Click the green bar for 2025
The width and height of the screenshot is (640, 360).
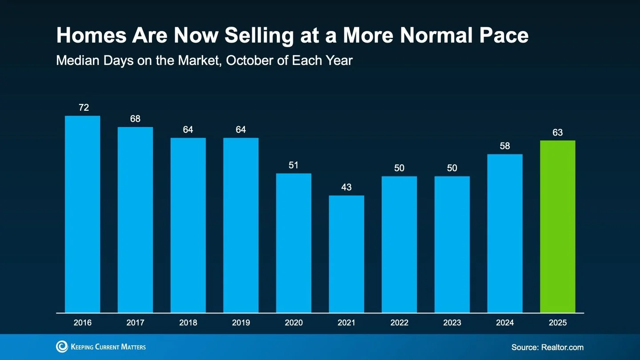pyautogui.click(x=557, y=227)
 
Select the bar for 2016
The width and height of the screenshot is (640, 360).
pyautogui.click(x=82, y=214)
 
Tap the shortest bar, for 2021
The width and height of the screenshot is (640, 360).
pyautogui.click(x=346, y=254)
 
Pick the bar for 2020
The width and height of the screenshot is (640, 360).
pyautogui.click(x=293, y=243)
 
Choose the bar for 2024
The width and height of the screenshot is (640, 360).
pyautogui.click(x=504, y=233)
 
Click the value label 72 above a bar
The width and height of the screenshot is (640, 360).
pyautogui.click(x=83, y=107)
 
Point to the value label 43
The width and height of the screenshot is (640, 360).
pyautogui.click(x=346, y=187)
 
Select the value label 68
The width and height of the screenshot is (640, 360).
pyautogui.click(x=135, y=119)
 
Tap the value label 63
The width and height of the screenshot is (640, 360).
pyautogui.click(x=557, y=132)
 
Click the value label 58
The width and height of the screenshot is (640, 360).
pyautogui.click(x=504, y=146)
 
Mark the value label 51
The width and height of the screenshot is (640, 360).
pyautogui.click(x=293, y=165)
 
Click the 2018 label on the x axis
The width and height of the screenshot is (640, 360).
pyautogui.click(x=188, y=323)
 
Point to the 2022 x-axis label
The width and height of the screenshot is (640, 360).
pyautogui.click(x=399, y=323)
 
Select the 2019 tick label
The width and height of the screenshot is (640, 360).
pyautogui.click(x=241, y=323)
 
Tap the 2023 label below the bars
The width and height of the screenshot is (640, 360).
pyautogui.click(x=452, y=323)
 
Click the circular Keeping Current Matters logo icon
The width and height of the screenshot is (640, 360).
pyautogui.click(x=62, y=347)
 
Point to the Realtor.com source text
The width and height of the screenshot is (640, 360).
pyautogui.click(x=562, y=347)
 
